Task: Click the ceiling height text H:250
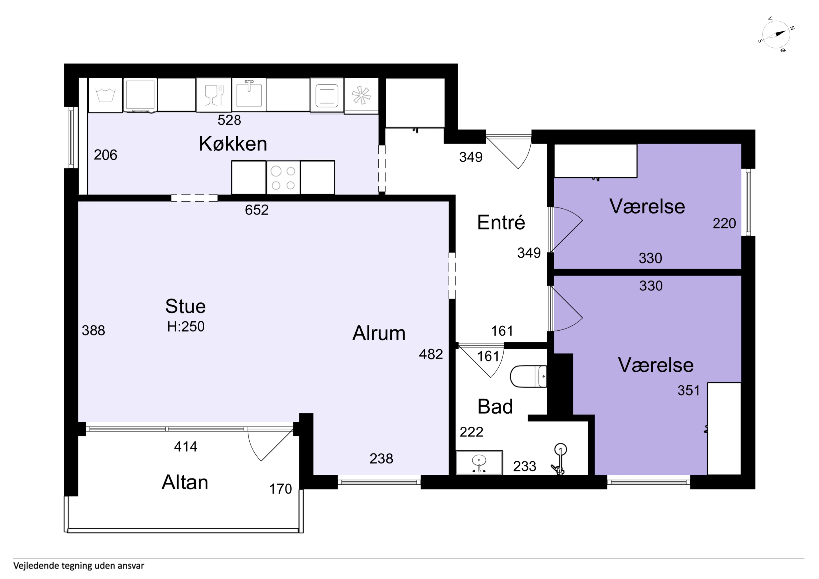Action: coord(186,327)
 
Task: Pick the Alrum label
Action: coord(379,333)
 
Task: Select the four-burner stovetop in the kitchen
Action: coord(283,177)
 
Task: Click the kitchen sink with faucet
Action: coord(249,94)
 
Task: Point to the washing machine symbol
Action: coord(106,95)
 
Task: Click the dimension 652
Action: coord(257,210)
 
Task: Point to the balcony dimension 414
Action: coord(186,446)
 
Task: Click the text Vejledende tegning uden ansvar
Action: coord(79,565)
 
